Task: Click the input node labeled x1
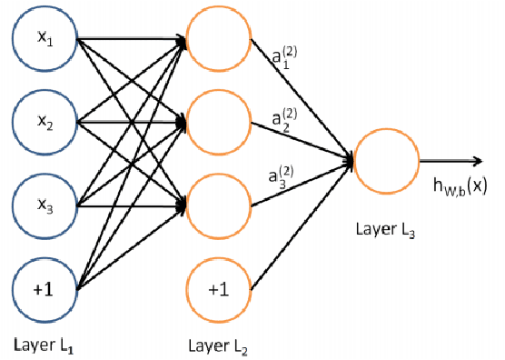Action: tap(43, 41)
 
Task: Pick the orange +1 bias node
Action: tap(218, 291)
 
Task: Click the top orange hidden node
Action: tap(218, 41)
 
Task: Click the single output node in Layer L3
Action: tap(385, 162)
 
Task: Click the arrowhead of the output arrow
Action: tap(477, 162)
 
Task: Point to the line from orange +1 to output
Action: tap(300, 232)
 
